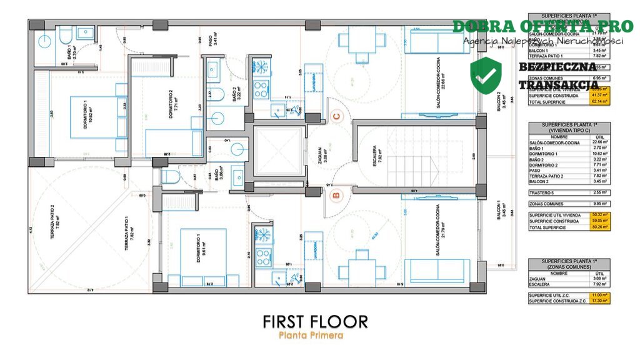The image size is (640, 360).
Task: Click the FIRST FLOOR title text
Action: (315, 321)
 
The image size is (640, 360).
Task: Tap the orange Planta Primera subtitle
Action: (311, 336)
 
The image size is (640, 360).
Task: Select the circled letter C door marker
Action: (337, 116)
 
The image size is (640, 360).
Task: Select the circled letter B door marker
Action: (335, 196)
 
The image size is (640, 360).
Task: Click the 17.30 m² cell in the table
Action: (605, 301)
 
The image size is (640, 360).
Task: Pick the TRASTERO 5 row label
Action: (541, 192)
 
